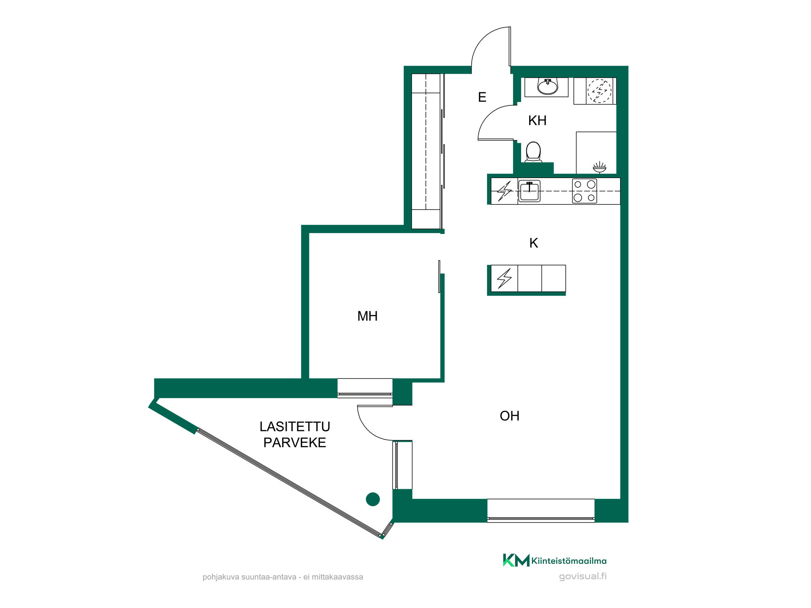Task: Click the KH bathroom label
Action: (537, 120)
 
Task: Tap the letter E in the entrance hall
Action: (482, 97)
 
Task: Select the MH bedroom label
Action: (367, 316)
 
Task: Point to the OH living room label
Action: (510, 416)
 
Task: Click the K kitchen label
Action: (534, 243)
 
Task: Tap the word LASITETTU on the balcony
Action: (295, 426)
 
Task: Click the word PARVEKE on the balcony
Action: (295, 443)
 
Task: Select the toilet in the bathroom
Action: (533, 152)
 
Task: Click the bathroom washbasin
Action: (547, 87)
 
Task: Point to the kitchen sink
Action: (529, 191)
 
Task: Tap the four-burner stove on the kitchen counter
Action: (584, 191)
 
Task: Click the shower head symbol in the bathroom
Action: (599, 167)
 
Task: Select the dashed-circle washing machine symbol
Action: (599, 91)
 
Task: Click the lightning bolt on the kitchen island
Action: (504, 278)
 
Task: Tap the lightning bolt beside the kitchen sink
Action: (504, 191)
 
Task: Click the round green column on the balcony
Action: (373, 499)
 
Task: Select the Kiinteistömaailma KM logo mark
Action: (516, 560)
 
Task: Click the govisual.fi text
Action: (583, 576)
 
